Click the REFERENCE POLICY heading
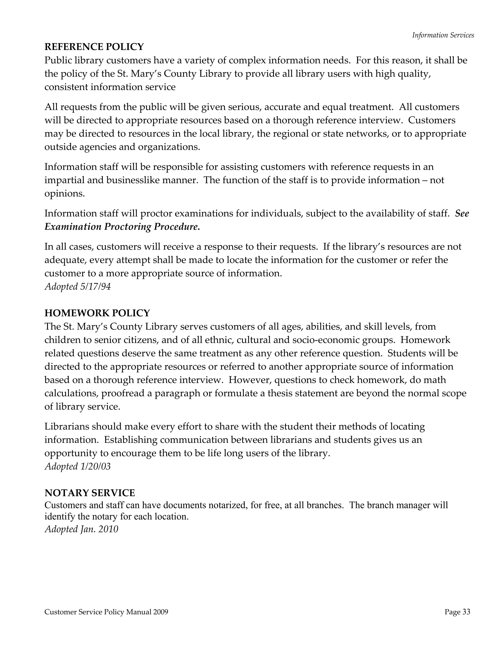94,47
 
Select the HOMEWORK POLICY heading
97,313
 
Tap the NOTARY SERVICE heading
90,493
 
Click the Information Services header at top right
443,35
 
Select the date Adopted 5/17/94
78,287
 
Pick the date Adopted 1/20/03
78,466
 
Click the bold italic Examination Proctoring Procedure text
122,227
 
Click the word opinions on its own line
64,193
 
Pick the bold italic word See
462,214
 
